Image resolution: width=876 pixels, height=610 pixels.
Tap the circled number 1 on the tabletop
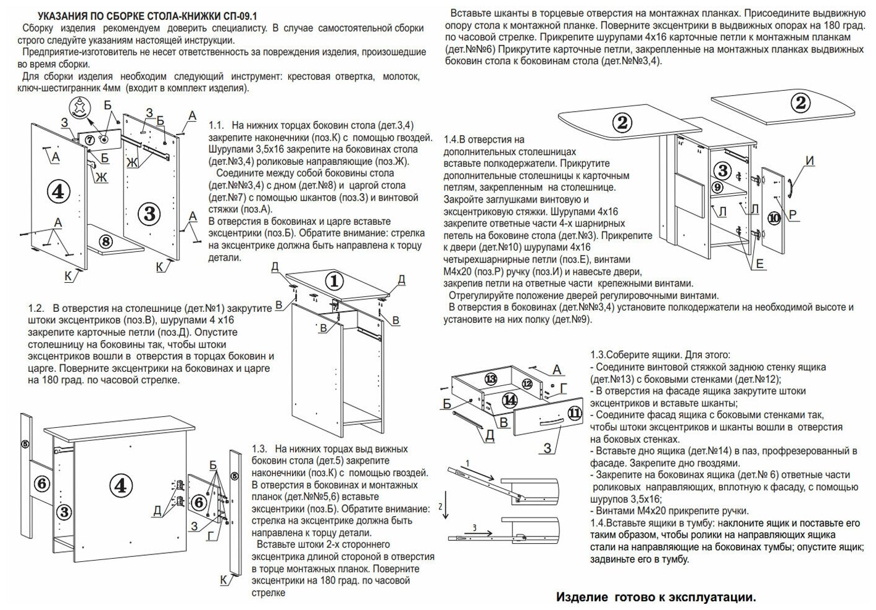(x=334, y=281)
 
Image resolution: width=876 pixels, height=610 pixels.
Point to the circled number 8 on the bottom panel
(x=105, y=241)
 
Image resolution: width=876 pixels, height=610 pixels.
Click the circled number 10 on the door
(x=774, y=218)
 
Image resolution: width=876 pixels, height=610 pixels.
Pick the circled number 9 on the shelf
(x=717, y=186)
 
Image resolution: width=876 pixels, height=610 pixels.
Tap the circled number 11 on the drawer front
(x=575, y=413)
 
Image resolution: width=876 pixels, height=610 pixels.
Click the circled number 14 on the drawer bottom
(x=509, y=399)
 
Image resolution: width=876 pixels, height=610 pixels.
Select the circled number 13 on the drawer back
(x=490, y=378)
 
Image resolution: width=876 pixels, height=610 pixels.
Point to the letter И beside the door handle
(x=810, y=161)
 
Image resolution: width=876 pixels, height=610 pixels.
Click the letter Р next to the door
(x=793, y=214)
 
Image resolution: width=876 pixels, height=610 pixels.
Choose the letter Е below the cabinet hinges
(x=760, y=264)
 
